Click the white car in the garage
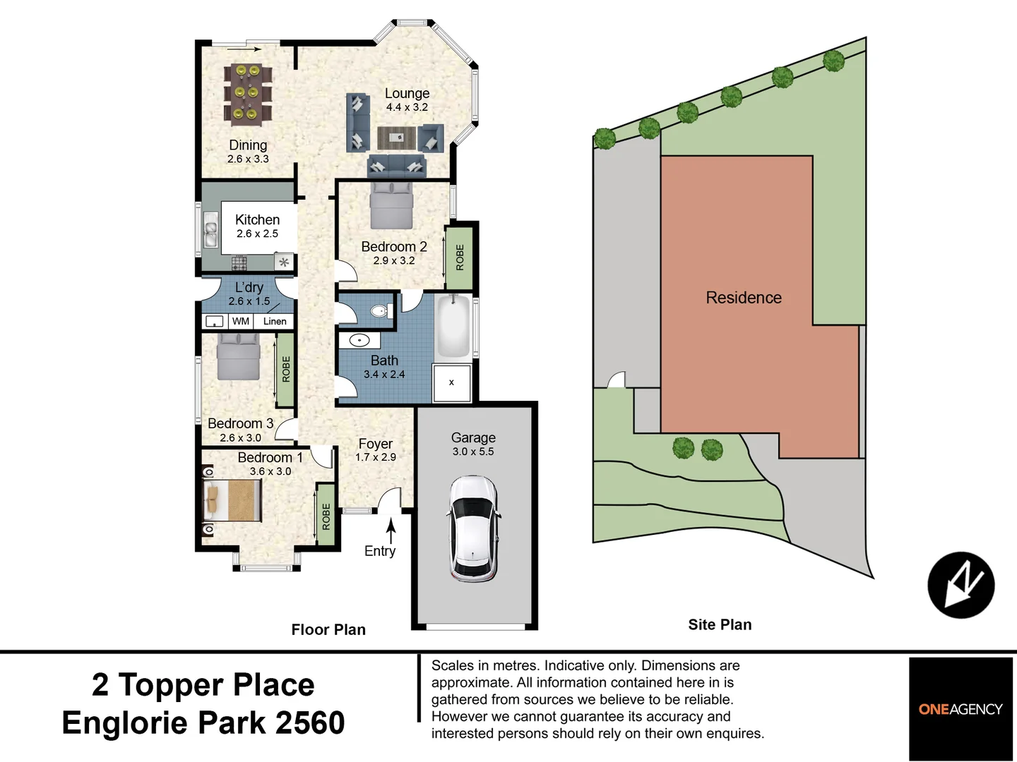pos(473,528)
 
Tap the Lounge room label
pos(407,93)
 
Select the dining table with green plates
pos(247,92)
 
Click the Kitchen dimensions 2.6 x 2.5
pos(257,234)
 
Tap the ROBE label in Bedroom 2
pos(460,257)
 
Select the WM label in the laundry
pos(241,321)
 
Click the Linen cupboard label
pos(275,321)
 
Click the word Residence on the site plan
pos(744,298)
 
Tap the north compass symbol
pos(961,585)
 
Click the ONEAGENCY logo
pos(961,709)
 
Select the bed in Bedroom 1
pos(232,500)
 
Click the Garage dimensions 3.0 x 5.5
pos(473,452)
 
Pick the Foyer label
pos(375,444)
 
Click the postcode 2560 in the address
pos(310,722)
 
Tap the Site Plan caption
pos(720,624)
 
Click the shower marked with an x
pos(451,383)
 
